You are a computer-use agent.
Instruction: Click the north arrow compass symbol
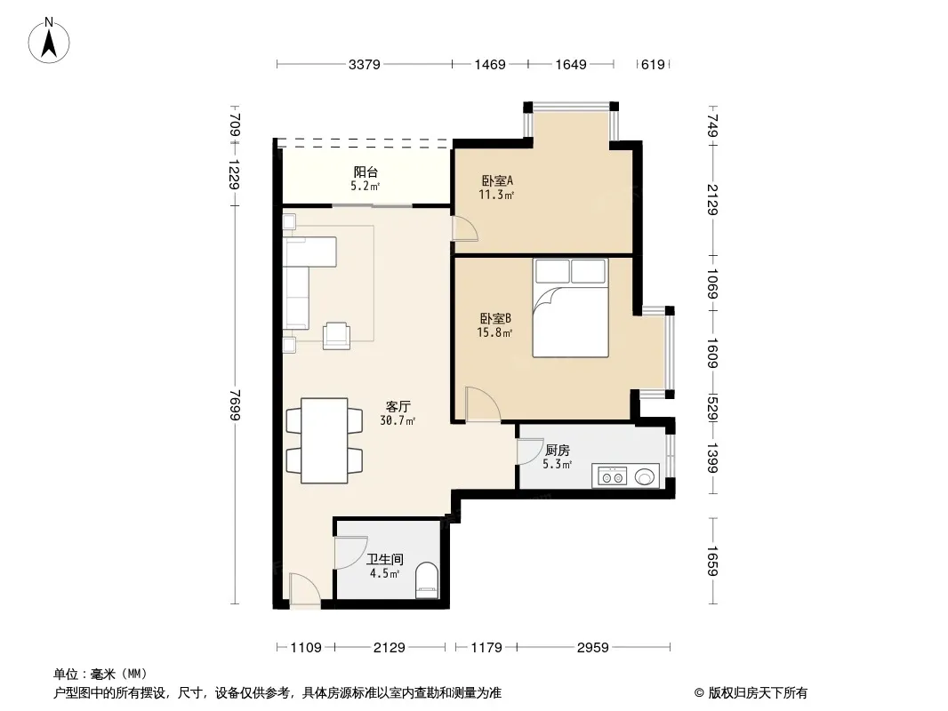point(49,41)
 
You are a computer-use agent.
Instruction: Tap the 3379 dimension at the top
point(364,64)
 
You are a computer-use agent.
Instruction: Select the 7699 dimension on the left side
point(235,404)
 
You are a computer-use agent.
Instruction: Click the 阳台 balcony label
point(366,172)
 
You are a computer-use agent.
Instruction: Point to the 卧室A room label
point(497,180)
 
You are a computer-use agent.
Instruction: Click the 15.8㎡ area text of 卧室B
point(494,333)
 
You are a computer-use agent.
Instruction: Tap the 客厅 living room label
point(398,406)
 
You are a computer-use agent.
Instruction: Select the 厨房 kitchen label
point(557,450)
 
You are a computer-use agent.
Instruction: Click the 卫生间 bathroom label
point(384,559)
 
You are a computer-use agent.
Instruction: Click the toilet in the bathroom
point(428,580)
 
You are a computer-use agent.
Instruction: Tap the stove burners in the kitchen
point(611,477)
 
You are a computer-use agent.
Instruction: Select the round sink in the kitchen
point(645,477)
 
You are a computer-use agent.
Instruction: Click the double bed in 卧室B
point(570,308)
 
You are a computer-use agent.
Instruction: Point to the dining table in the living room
point(324,440)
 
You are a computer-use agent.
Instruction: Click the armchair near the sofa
point(337,336)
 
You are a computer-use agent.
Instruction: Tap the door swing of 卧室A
point(465,228)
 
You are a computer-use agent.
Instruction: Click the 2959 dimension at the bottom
point(592,648)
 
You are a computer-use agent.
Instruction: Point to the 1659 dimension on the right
point(713,561)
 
